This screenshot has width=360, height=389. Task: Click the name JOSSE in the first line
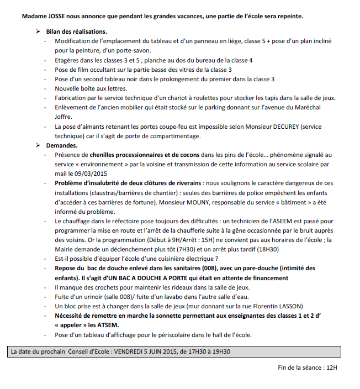[62, 16]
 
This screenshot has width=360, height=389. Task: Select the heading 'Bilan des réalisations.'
[76, 31]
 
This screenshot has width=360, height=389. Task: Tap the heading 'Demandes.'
[62, 145]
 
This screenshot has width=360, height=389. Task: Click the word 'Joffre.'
[63, 117]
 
